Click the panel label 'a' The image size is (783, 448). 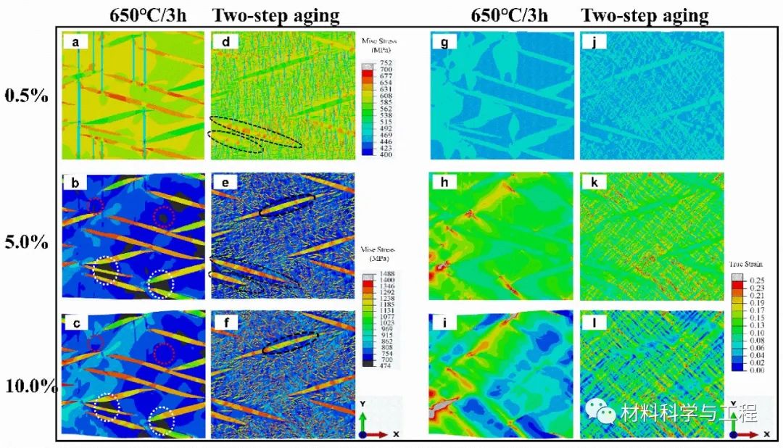pos(74,43)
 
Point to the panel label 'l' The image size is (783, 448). pos(593,323)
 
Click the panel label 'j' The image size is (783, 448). pos(593,43)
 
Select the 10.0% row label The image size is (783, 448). pos(31,386)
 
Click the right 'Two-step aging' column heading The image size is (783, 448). pos(645,15)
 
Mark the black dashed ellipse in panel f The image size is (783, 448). pos(290,342)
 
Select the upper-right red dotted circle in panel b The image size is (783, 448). pos(165,215)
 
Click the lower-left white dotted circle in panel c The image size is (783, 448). pos(106,407)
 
